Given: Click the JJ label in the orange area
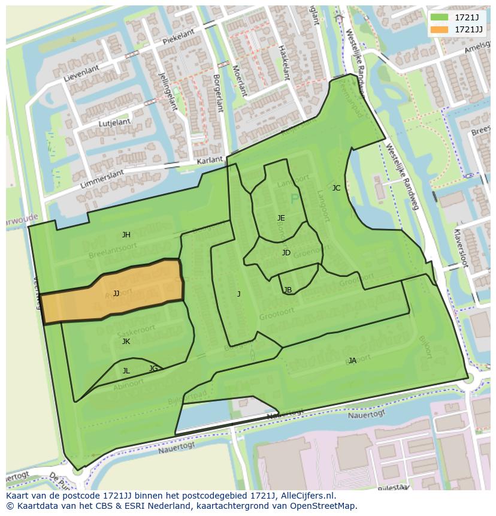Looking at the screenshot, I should [116, 294].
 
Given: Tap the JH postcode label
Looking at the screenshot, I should [126, 235].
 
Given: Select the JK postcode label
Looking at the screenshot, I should [126, 342].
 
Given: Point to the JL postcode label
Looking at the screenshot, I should [126, 371].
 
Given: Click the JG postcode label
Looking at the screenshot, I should [153, 369].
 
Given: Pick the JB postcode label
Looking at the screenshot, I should [288, 290].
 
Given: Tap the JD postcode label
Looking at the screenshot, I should [286, 253].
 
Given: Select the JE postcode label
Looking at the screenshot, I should [281, 218].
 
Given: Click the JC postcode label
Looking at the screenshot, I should [336, 188].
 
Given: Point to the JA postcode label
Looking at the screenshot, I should [352, 361].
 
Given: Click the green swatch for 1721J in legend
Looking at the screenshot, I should [439, 18].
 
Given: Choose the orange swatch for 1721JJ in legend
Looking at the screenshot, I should [439, 29].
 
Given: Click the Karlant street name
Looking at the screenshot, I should [209, 161].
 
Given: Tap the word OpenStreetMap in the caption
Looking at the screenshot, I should [324, 506].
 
